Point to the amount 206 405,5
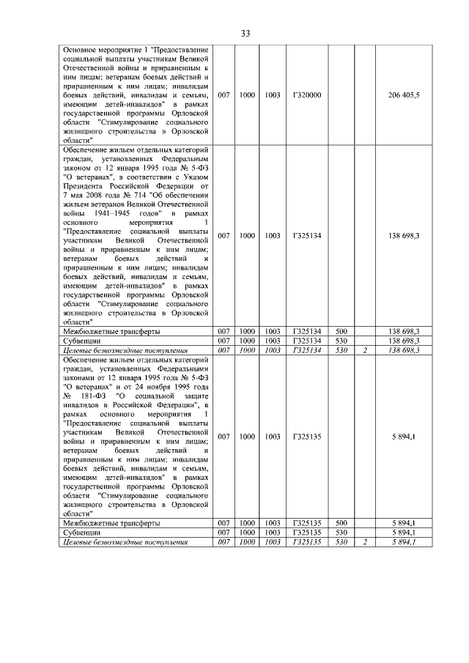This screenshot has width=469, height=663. click(x=404, y=95)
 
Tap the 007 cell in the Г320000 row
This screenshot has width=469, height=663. click(x=224, y=95)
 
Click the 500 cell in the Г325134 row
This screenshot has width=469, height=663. click(x=341, y=332)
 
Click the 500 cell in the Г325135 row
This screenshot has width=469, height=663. click(x=341, y=522)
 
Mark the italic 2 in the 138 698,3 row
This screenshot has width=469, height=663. click(x=363, y=350)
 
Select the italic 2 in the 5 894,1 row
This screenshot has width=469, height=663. click(x=363, y=541)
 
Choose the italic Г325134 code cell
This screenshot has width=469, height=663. click(x=306, y=350)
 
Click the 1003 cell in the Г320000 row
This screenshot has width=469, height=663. click(x=273, y=95)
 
